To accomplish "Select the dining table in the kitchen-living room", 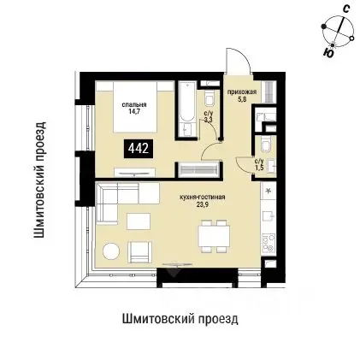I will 210,233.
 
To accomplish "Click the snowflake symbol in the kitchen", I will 268,189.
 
